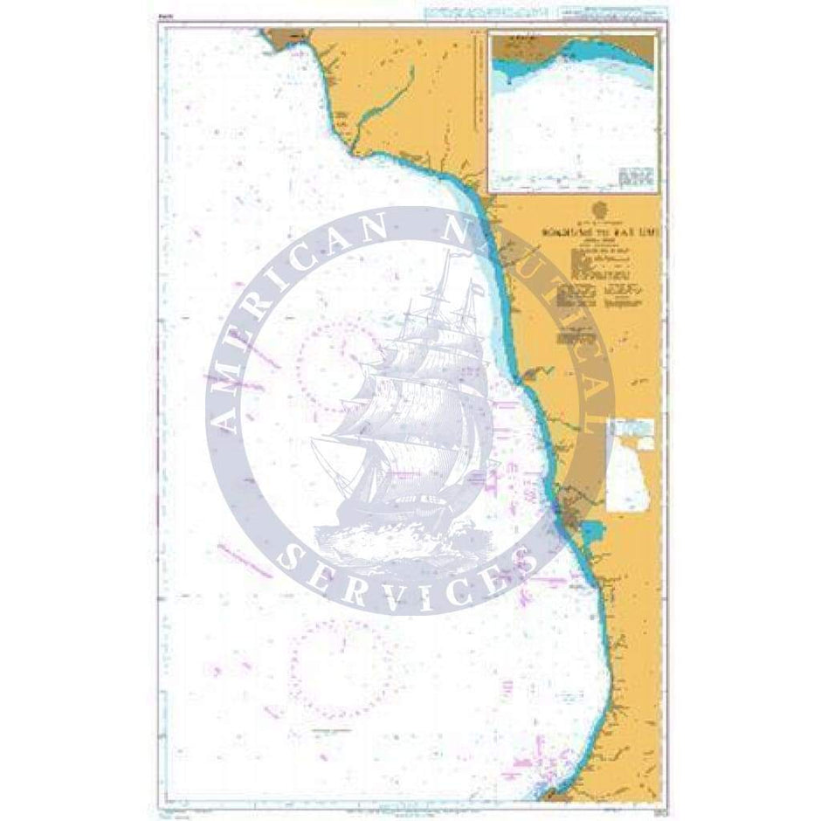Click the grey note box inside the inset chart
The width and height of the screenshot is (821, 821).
coord(637,176)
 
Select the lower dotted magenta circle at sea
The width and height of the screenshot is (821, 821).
coord(339,660)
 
